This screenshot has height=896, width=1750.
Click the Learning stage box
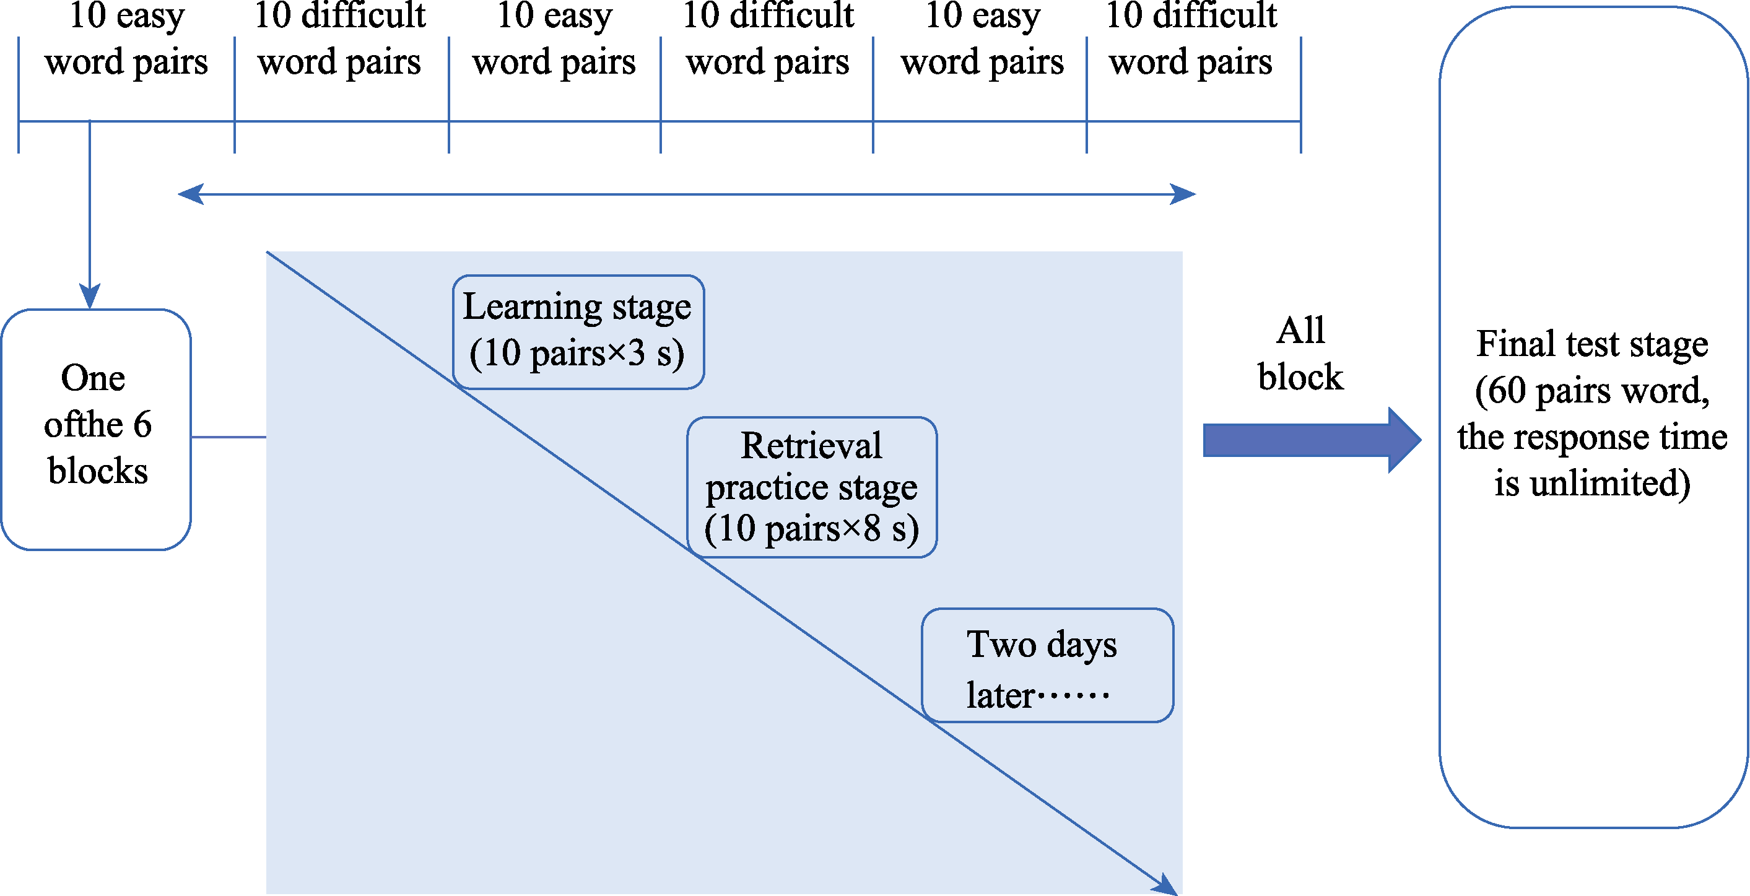coord(578,331)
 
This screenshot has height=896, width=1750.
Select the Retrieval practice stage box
coord(812,487)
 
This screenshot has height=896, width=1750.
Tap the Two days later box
coord(1047,665)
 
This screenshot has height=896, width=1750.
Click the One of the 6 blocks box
coord(96,428)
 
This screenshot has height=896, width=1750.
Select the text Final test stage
coord(1591,344)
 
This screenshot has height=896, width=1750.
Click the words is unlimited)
coord(1591,484)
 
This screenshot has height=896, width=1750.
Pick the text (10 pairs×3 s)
coord(577,353)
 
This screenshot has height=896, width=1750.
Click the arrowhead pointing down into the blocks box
coord(90,296)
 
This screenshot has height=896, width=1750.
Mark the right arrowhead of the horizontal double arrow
coord(1183,194)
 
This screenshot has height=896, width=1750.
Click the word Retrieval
coord(811,446)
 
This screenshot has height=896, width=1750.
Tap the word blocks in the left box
coord(98,471)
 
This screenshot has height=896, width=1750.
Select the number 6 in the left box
coord(142,425)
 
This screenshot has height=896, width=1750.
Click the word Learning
coord(533,307)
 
